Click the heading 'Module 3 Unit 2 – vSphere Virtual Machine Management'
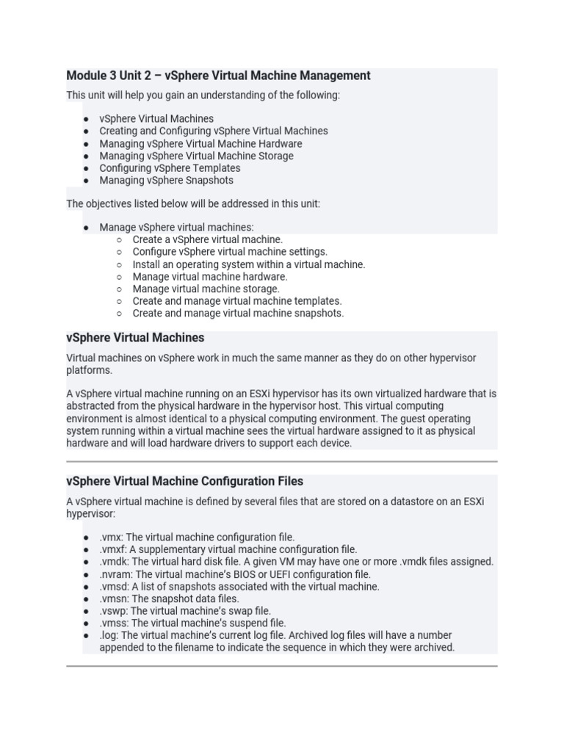218,76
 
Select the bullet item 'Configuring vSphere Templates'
170,168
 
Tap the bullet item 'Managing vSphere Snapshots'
166,181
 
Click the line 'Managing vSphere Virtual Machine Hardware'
200,144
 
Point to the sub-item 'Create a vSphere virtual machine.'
207,239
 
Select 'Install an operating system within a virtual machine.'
248,264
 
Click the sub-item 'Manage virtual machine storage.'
206,289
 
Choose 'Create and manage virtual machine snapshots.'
238,314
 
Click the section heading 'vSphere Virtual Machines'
135,338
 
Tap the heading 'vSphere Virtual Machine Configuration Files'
184,482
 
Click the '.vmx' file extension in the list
111,538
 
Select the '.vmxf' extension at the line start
112,549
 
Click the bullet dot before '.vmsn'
86,599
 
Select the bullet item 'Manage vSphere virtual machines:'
176,228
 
